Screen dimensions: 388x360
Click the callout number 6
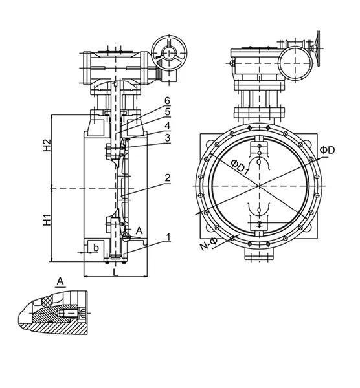coord(167,101)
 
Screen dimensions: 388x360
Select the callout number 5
coord(167,113)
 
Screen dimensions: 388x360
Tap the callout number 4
coord(167,125)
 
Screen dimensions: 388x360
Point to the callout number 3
coord(167,137)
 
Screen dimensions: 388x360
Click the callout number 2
coord(167,177)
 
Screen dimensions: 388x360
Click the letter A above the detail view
coord(60,281)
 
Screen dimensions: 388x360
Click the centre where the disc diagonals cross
coord(259,187)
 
